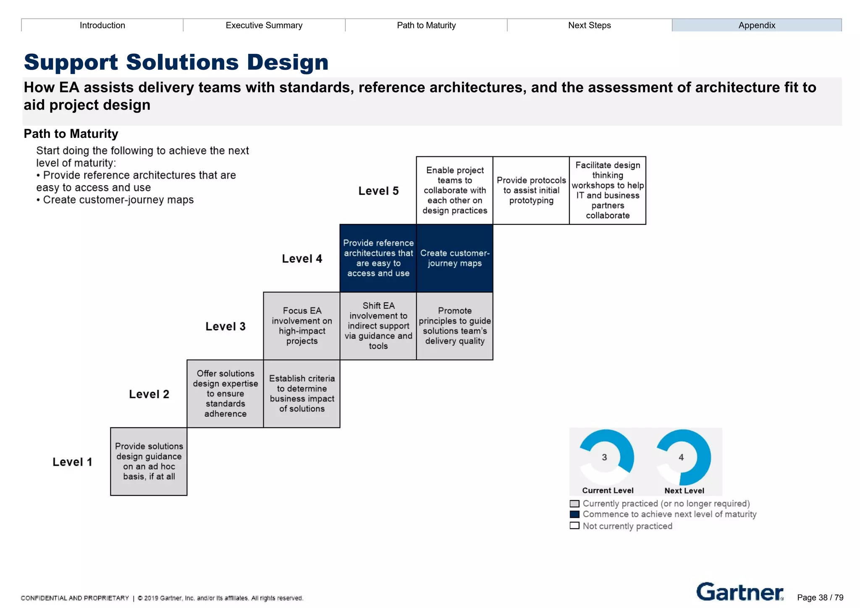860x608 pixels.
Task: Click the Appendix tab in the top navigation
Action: [756, 25]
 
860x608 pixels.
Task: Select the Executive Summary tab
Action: [264, 25]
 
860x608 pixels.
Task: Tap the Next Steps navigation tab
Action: [589, 25]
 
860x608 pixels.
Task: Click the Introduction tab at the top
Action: [102, 25]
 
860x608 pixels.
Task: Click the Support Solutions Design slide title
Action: [176, 62]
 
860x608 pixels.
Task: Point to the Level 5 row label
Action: [378, 191]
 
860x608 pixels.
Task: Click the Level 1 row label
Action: [72, 462]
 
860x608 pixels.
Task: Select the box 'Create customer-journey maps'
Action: [454, 258]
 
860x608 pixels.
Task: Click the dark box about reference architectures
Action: [378, 258]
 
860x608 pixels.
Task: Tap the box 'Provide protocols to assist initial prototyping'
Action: [531, 190]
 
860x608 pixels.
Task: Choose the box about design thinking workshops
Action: [607, 190]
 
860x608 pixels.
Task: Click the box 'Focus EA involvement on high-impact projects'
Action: [302, 326]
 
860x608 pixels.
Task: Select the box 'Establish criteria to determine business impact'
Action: [302, 394]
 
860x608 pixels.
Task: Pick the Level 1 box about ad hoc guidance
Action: [149, 461]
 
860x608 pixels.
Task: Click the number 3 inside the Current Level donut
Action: [604, 457]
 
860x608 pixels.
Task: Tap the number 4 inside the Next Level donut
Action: [681, 457]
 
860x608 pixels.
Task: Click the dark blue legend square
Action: [574, 514]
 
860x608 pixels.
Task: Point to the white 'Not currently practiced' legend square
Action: [574, 526]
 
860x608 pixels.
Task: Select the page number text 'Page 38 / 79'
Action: [820, 597]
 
